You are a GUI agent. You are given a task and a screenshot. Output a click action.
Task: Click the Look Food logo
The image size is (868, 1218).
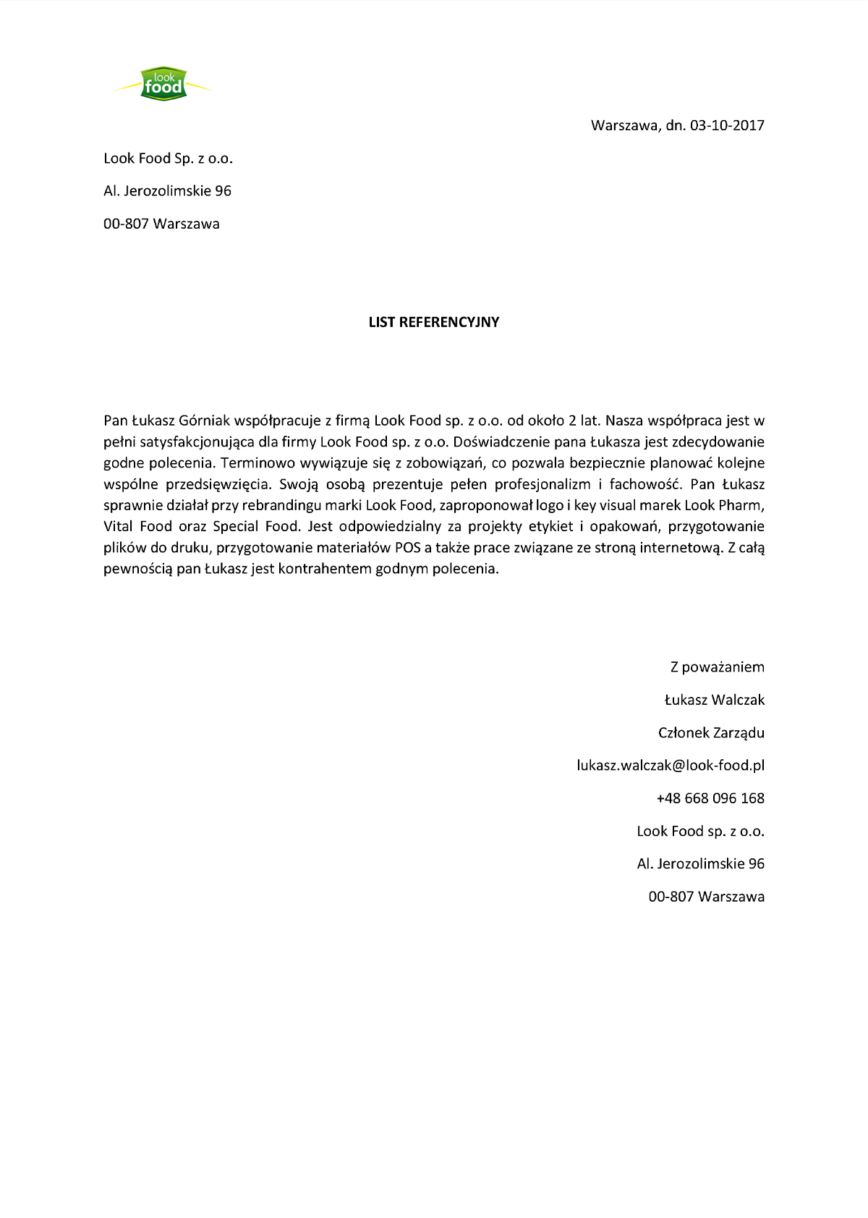(x=163, y=84)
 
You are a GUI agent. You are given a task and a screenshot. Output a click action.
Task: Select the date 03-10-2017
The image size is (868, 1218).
(x=727, y=125)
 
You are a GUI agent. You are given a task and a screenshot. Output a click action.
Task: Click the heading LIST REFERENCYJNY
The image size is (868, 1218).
(x=434, y=323)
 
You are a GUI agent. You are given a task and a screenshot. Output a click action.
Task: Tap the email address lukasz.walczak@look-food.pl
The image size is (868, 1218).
(x=671, y=766)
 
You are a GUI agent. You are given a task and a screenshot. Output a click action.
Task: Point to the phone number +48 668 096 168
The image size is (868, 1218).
(x=710, y=798)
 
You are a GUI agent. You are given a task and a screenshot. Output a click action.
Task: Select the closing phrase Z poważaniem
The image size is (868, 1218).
(x=717, y=667)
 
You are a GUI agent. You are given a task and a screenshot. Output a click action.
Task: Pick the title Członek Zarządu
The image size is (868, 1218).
(x=711, y=733)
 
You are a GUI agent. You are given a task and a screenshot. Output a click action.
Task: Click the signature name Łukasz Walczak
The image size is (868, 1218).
(x=714, y=700)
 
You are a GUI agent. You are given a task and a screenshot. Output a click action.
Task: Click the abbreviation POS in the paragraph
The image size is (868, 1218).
(x=407, y=548)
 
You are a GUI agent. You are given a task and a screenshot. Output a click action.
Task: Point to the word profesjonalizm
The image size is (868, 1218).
(x=542, y=484)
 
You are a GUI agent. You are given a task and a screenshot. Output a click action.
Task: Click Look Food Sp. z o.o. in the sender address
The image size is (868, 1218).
(x=168, y=158)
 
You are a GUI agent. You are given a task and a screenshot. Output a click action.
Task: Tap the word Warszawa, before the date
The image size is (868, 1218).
(x=625, y=125)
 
